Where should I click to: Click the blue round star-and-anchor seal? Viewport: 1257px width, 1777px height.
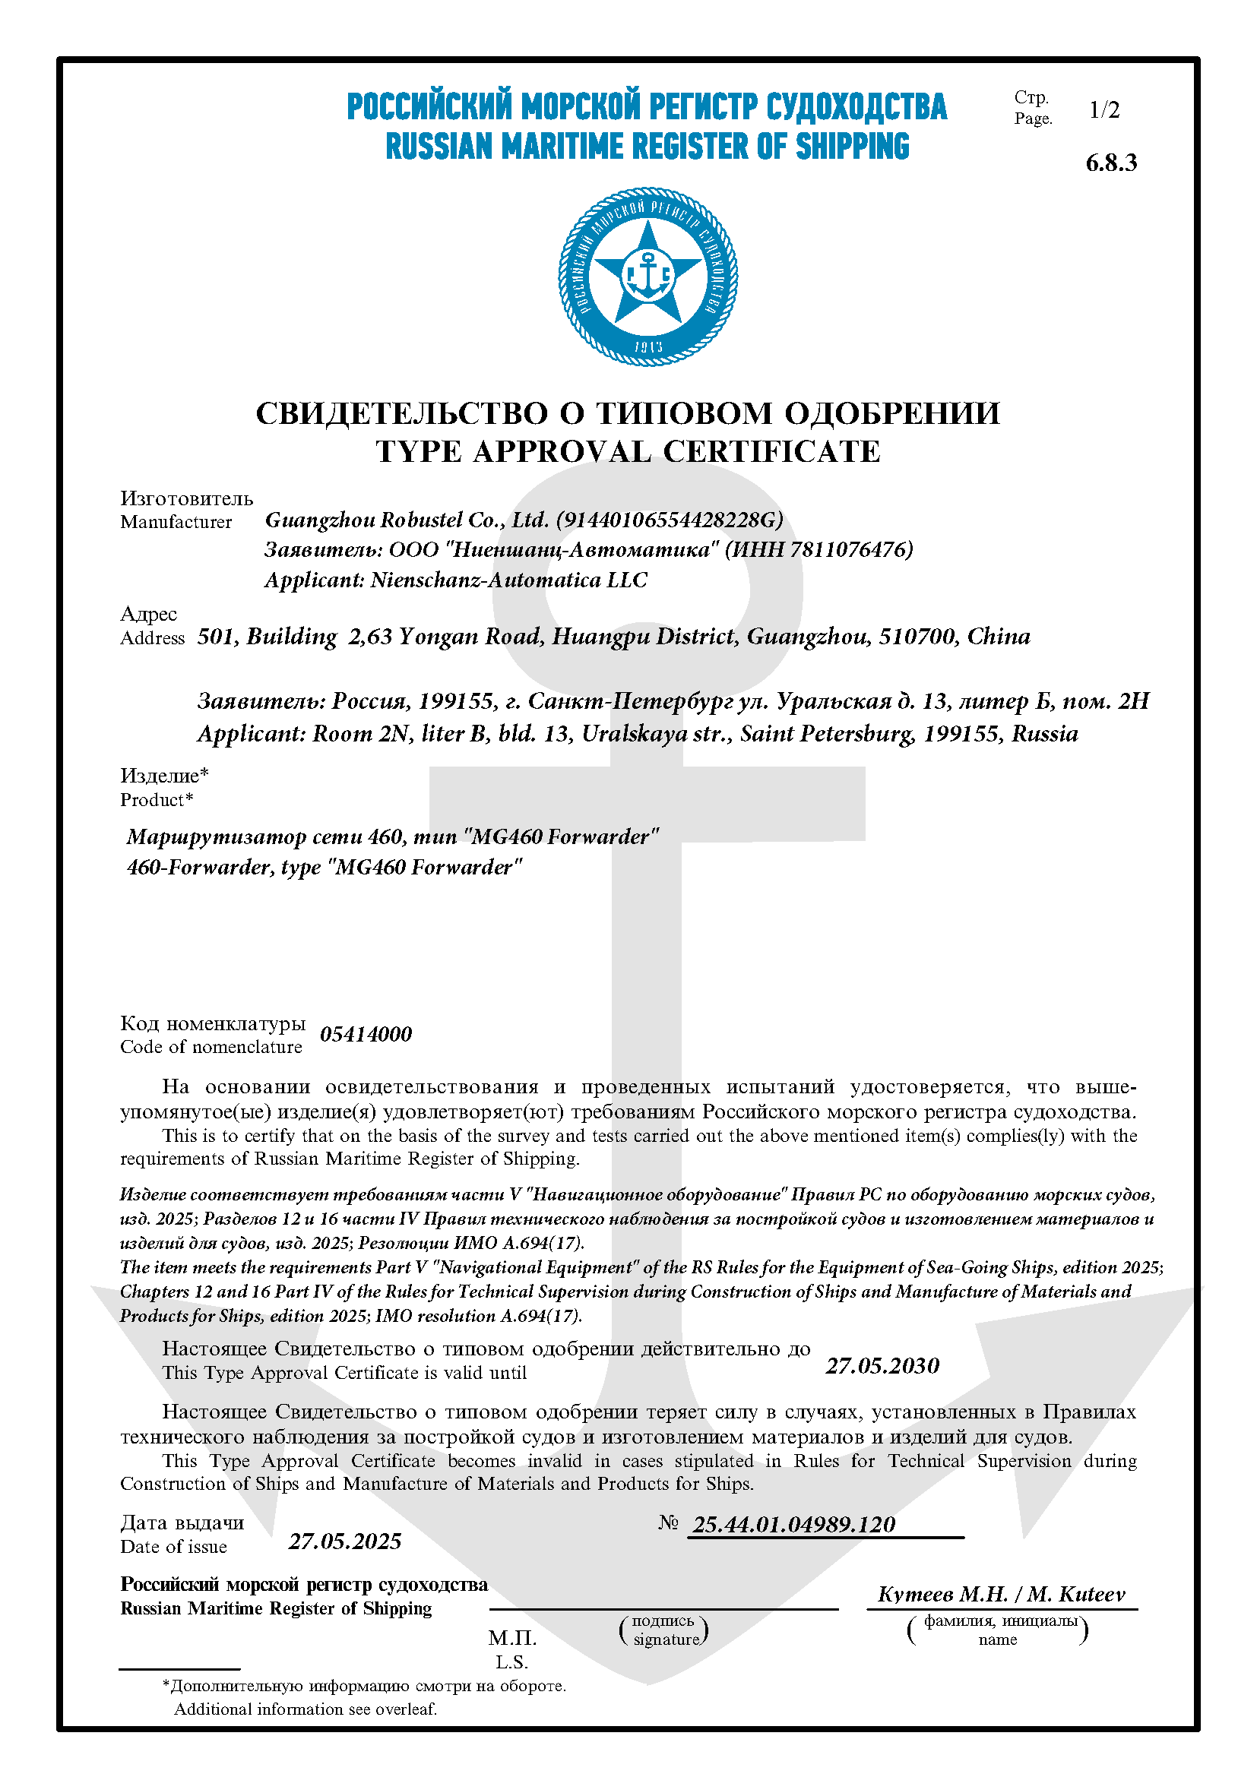tap(647, 277)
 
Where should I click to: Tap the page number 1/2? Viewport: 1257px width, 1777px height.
tap(1103, 110)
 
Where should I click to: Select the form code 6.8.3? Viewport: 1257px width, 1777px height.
tap(1111, 163)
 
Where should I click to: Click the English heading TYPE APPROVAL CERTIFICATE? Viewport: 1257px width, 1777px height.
tap(628, 452)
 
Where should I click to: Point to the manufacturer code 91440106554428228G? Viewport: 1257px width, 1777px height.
tap(670, 520)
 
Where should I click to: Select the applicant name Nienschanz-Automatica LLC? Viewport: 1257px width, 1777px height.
tap(508, 580)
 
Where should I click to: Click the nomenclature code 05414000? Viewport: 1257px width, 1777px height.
tap(366, 1035)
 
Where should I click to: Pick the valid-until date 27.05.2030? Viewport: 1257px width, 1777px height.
tap(882, 1366)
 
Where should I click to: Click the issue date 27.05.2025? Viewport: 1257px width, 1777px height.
tap(345, 1541)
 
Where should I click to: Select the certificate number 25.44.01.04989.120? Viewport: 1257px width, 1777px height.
tap(793, 1525)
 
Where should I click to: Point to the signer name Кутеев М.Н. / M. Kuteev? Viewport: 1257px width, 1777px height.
tap(1001, 1595)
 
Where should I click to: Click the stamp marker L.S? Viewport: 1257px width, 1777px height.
tap(511, 1662)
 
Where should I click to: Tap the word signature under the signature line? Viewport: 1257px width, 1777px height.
tap(666, 1639)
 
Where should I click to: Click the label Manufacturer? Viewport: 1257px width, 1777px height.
tap(176, 523)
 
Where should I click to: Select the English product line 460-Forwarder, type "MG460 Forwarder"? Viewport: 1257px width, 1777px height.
tap(325, 868)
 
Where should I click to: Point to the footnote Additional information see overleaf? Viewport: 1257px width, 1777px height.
tap(305, 1709)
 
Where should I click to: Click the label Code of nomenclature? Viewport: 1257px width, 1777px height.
tap(211, 1047)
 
